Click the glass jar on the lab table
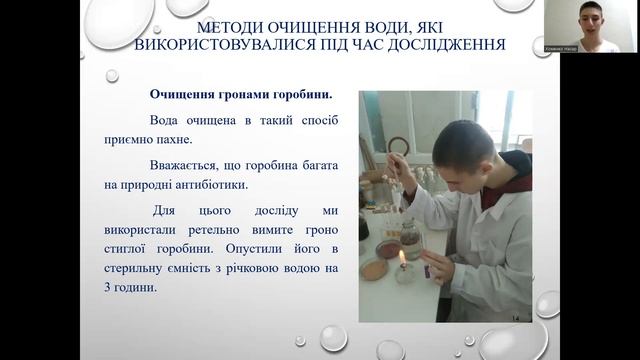411,238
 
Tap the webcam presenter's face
596,19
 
